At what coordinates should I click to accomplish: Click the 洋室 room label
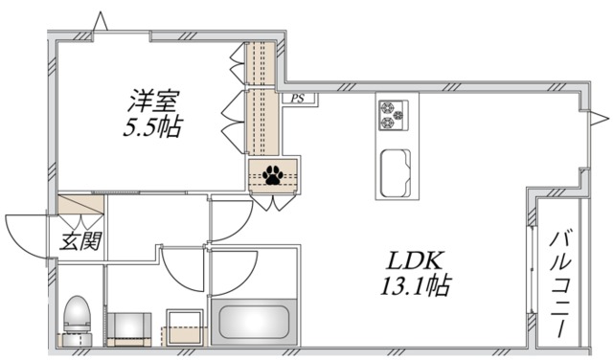(x=152, y=100)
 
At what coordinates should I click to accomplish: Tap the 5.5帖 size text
(x=152, y=126)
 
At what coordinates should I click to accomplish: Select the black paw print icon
(x=273, y=175)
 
